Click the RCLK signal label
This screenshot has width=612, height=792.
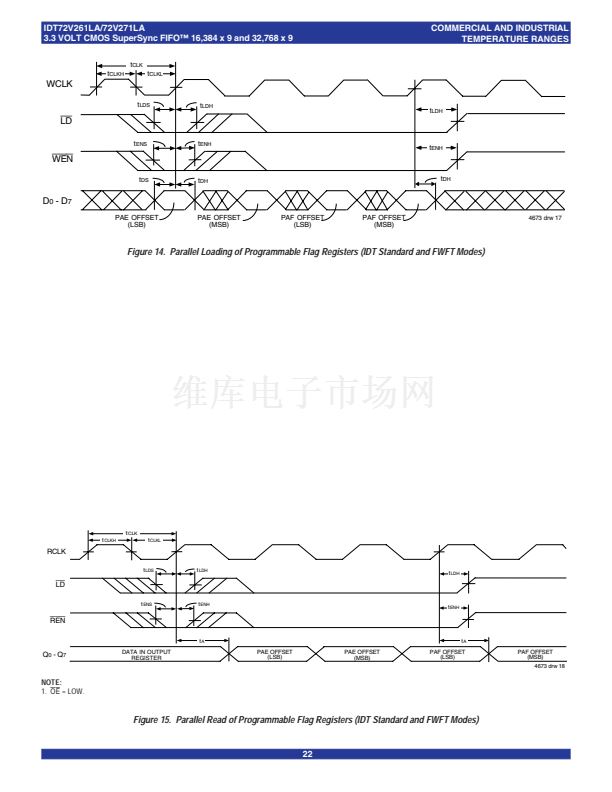point(57,551)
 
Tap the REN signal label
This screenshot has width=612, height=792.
point(57,620)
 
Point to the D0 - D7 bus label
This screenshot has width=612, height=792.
point(58,201)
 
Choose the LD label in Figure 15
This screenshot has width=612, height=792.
point(58,584)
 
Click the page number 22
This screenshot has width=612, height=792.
point(307,754)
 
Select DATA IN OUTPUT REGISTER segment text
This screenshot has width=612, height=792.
point(147,654)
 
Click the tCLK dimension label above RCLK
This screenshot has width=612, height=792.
point(131,533)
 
